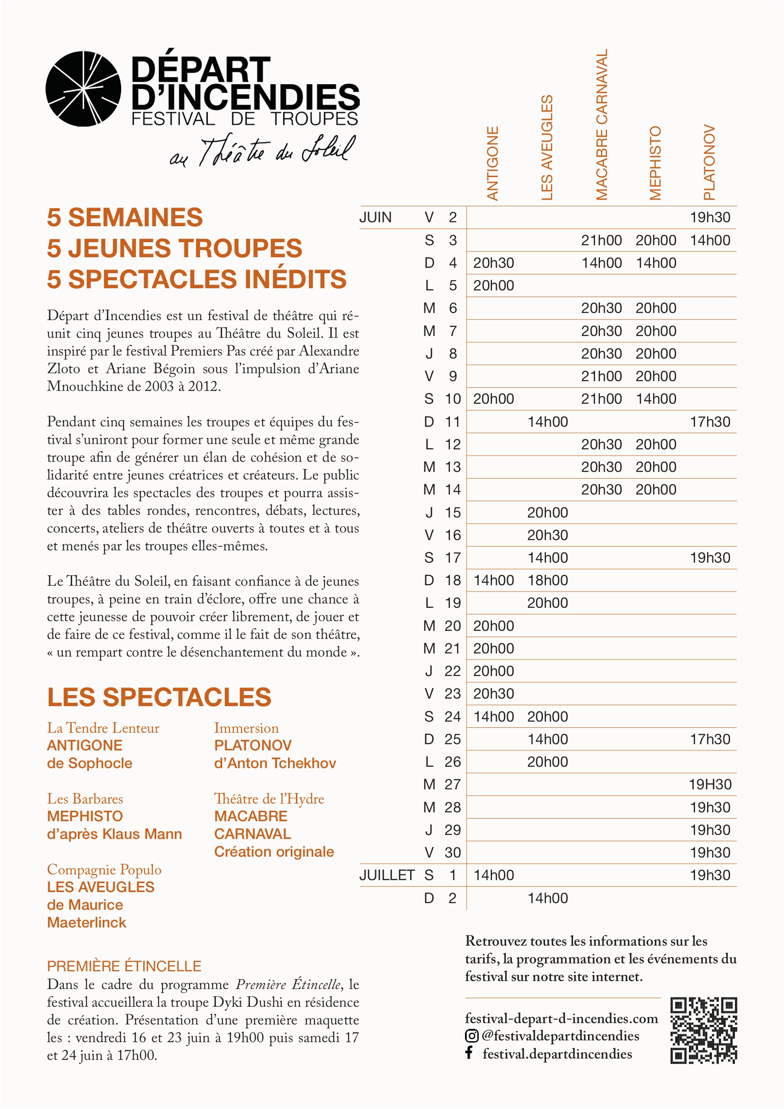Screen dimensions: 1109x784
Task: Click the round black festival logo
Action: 83,89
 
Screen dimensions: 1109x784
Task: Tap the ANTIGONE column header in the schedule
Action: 492,163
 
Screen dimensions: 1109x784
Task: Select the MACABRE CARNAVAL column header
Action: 602,124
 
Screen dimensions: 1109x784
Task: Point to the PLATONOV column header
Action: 709,162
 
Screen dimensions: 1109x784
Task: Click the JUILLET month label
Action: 387,875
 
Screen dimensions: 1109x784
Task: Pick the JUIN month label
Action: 376,217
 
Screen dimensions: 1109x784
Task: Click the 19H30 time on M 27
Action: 710,784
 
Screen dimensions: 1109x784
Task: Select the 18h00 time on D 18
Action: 547,580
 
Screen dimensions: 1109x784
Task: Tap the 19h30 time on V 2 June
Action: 710,217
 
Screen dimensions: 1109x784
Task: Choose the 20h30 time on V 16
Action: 547,535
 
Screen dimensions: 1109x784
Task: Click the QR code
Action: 703,1030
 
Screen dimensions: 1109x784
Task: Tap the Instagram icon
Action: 472,1036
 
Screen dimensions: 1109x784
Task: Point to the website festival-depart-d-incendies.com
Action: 561,1019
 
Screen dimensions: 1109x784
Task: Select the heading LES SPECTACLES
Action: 159,697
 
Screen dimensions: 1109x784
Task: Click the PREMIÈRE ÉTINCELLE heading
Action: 124,966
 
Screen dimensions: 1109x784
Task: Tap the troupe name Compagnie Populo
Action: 104,869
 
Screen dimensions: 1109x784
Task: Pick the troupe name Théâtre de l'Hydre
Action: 269,799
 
